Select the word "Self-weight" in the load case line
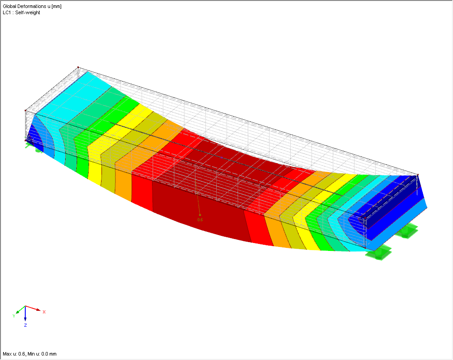[x=28, y=12]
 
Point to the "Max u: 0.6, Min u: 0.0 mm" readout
[x=29, y=354]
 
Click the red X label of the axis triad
[x=44, y=312]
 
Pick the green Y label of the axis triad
[x=14, y=316]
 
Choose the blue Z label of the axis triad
[x=26, y=325]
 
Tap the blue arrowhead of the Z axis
[x=26, y=319]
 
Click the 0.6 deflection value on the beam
[x=199, y=219]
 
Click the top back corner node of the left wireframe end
[x=78, y=67]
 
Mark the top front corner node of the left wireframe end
[x=26, y=110]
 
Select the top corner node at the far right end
[x=418, y=175]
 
